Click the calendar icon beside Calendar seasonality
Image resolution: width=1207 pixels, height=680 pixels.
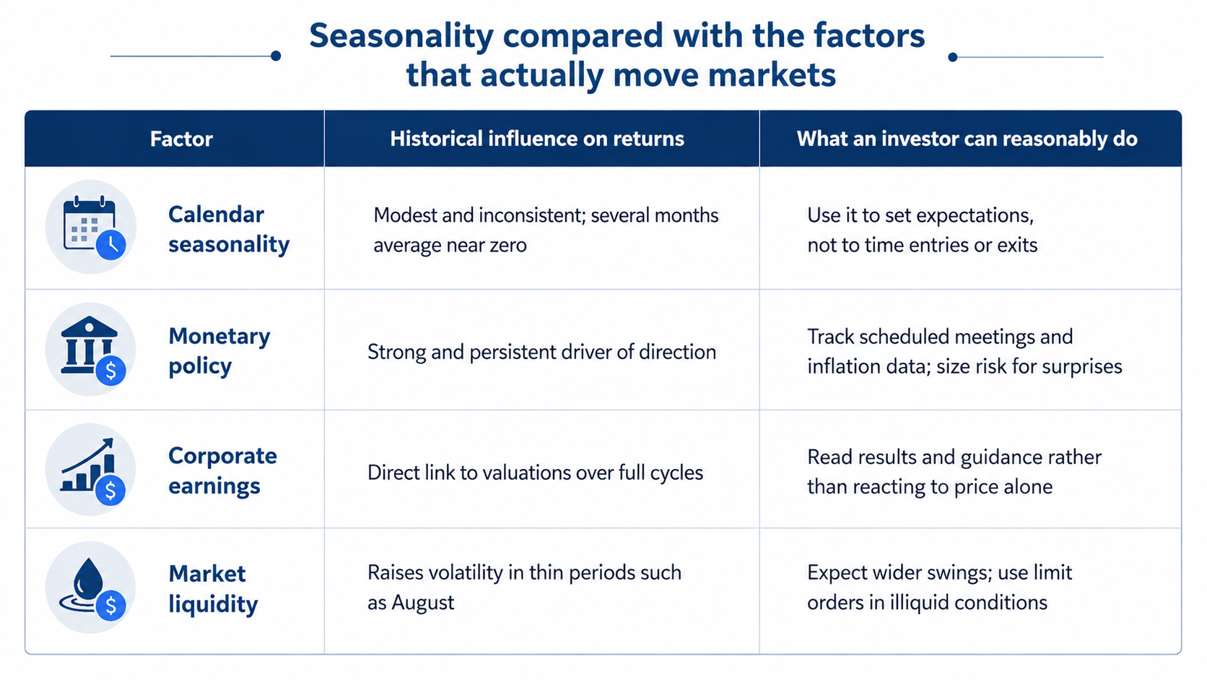90,226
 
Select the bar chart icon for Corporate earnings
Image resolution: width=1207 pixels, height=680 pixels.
90,469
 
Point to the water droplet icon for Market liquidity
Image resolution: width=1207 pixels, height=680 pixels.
90,588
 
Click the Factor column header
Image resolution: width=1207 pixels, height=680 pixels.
182,139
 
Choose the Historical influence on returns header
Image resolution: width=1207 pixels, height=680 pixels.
537,139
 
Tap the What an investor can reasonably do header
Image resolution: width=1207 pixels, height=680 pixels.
967,139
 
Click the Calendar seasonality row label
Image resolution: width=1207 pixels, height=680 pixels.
229,229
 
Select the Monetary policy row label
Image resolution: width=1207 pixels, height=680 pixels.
219,351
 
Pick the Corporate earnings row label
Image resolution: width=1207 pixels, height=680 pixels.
222,470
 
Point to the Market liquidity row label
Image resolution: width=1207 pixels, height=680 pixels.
213,589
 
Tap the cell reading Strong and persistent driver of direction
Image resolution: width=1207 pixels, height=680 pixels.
541,352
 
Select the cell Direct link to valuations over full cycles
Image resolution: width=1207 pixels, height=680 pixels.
535,473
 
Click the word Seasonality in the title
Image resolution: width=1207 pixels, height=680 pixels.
401,37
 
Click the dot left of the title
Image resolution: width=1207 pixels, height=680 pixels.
276,56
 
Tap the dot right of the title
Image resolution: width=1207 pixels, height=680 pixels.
953,56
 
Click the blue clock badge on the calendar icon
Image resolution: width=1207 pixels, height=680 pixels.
111,245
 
